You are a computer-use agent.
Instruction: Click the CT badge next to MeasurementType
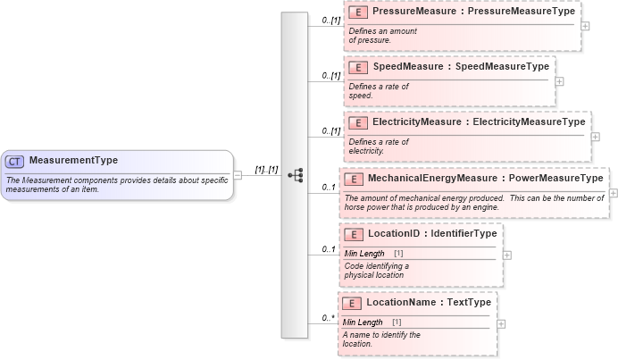(x=14, y=162)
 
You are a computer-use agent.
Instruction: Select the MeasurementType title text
(x=73, y=161)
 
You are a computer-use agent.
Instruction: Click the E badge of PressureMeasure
(x=358, y=13)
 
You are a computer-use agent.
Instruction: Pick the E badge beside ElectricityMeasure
(x=358, y=121)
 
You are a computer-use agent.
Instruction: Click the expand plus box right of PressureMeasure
(x=585, y=25)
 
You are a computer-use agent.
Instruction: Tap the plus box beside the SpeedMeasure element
(x=559, y=80)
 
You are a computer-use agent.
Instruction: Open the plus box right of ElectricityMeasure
(x=595, y=136)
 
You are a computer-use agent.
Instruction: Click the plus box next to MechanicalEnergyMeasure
(x=614, y=192)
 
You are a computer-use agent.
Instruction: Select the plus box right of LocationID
(x=507, y=255)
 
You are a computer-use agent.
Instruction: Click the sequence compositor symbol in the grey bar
(x=296, y=175)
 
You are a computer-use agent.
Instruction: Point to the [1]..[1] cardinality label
(x=266, y=169)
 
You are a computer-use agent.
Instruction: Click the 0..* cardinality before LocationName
(x=329, y=317)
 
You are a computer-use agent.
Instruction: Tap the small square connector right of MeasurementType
(x=238, y=175)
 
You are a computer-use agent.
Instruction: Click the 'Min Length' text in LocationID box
(x=364, y=254)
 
